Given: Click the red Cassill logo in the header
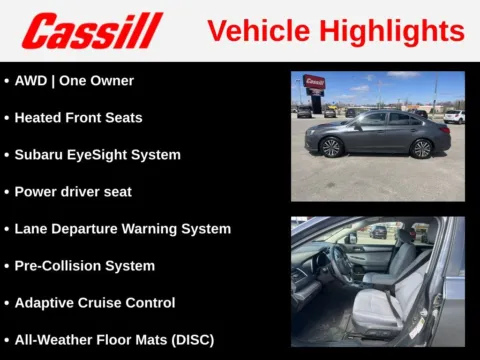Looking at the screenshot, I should point(91,30).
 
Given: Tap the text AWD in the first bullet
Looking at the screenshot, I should point(31,80).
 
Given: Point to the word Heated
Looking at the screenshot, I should point(38,117).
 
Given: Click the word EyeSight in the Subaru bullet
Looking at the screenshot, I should point(103,154).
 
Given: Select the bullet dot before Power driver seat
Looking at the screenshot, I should point(7,191).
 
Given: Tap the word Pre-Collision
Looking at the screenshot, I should point(56,265).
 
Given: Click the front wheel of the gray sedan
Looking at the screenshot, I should point(332,147).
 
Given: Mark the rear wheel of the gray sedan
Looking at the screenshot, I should point(422,148).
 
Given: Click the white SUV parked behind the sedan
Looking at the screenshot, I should point(454,116).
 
